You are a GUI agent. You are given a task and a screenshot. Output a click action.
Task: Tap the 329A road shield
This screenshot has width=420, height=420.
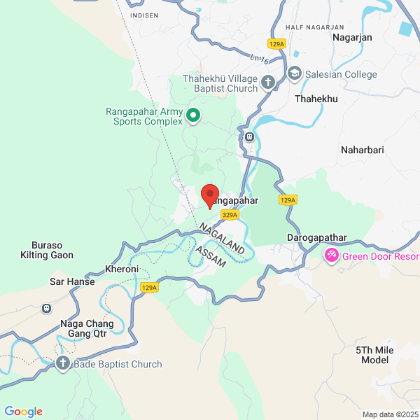(x=228, y=215)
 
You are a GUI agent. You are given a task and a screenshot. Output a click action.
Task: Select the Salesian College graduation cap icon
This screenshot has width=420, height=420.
(x=295, y=73)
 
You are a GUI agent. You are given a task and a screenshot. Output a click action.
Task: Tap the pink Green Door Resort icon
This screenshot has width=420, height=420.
(x=332, y=256)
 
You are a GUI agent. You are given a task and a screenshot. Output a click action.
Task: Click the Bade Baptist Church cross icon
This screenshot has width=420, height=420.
(x=63, y=364)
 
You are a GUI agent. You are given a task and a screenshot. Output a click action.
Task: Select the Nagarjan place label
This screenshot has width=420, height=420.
(x=352, y=37)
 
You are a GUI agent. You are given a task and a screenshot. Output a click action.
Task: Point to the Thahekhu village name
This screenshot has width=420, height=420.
(x=316, y=99)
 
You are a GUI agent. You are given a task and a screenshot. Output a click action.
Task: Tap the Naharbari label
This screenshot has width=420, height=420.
(x=362, y=150)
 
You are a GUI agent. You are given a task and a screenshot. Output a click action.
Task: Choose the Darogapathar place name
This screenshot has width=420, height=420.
(x=317, y=238)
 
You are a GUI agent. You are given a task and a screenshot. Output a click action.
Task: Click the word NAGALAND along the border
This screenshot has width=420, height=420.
(x=220, y=239)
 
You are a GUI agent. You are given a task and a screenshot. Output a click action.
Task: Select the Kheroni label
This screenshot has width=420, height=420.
(x=122, y=269)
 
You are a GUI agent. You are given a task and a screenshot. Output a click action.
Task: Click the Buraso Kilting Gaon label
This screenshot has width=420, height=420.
(x=47, y=251)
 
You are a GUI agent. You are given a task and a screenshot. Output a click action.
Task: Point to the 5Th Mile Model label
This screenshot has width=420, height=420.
(x=374, y=355)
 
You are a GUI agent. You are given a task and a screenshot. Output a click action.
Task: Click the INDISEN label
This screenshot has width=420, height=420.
(x=144, y=15)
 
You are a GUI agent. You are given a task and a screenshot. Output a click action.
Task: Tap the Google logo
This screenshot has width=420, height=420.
(x=23, y=412)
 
